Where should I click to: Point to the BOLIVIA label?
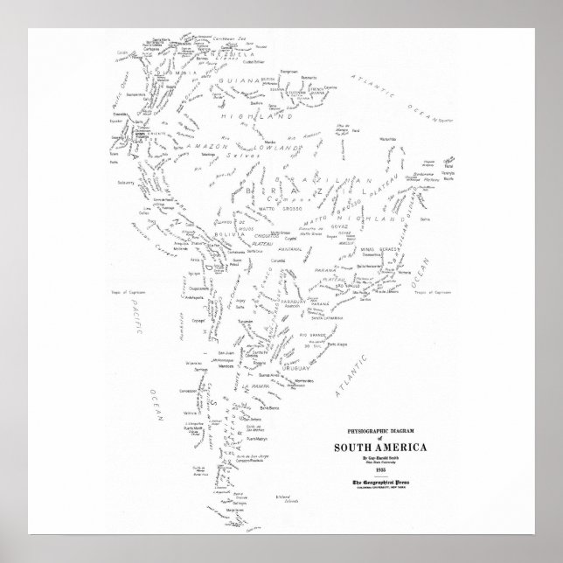226,231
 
